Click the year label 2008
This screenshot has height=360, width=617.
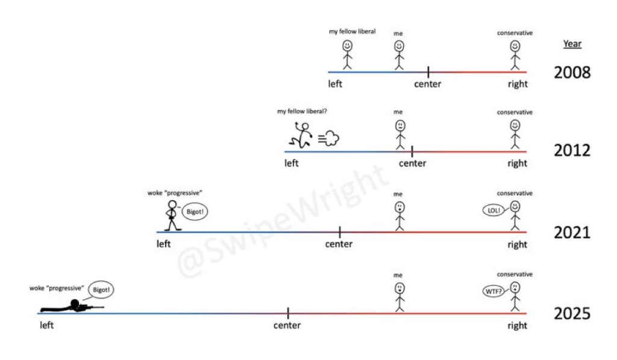(x=572, y=72)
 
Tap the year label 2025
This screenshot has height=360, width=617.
(x=572, y=314)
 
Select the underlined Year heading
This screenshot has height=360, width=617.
(x=572, y=44)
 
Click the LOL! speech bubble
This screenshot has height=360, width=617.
(x=493, y=210)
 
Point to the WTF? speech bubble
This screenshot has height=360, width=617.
(x=493, y=291)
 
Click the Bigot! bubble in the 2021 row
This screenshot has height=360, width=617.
(x=195, y=212)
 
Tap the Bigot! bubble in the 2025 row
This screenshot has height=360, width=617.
(x=101, y=289)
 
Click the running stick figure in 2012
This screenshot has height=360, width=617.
(x=301, y=134)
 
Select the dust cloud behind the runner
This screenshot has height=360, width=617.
(x=328, y=138)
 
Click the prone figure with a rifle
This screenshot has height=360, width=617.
(x=72, y=306)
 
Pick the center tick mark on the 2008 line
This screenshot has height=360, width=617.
(x=428, y=72)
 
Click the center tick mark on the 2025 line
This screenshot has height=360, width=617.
(x=288, y=313)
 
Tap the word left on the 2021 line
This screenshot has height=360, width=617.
(x=163, y=244)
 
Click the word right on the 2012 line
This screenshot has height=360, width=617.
(x=517, y=163)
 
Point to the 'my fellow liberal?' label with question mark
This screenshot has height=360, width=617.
(x=302, y=112)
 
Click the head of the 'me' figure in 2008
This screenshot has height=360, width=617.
(x=399, y=46)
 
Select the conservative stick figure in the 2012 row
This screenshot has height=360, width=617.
(x=515, y=134)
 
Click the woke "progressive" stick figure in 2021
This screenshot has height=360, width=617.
(x=172, y=215)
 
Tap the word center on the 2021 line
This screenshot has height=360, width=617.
(x=339, y=244)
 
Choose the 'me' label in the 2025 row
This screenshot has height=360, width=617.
(x=398, y=276)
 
